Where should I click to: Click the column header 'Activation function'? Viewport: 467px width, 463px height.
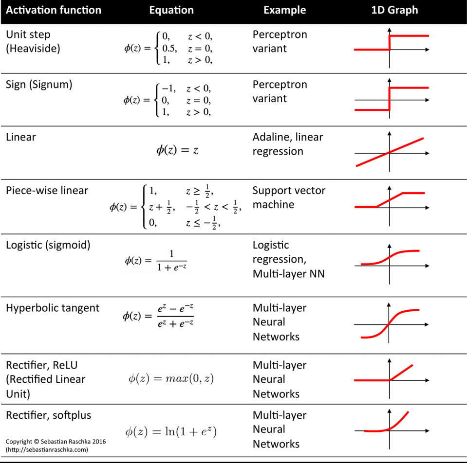pos(54,10)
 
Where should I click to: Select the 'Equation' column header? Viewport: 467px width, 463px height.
pos(171,10)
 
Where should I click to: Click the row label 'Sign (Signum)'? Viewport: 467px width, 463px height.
pos(39,85)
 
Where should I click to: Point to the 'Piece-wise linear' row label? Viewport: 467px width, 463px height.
pos(47,191)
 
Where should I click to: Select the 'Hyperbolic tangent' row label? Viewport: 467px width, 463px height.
pos(53,308)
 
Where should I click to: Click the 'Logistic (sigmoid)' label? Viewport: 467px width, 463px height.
pos(48,245)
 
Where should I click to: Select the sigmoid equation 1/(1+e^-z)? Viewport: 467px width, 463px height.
pos(156,260)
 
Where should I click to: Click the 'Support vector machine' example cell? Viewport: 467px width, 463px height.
pos(289,197)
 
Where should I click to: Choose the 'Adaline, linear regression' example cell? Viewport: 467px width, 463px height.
pos(287,144)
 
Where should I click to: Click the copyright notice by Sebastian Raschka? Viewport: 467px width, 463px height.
pos(56,441)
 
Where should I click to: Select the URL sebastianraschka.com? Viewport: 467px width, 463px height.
pos(47,449)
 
